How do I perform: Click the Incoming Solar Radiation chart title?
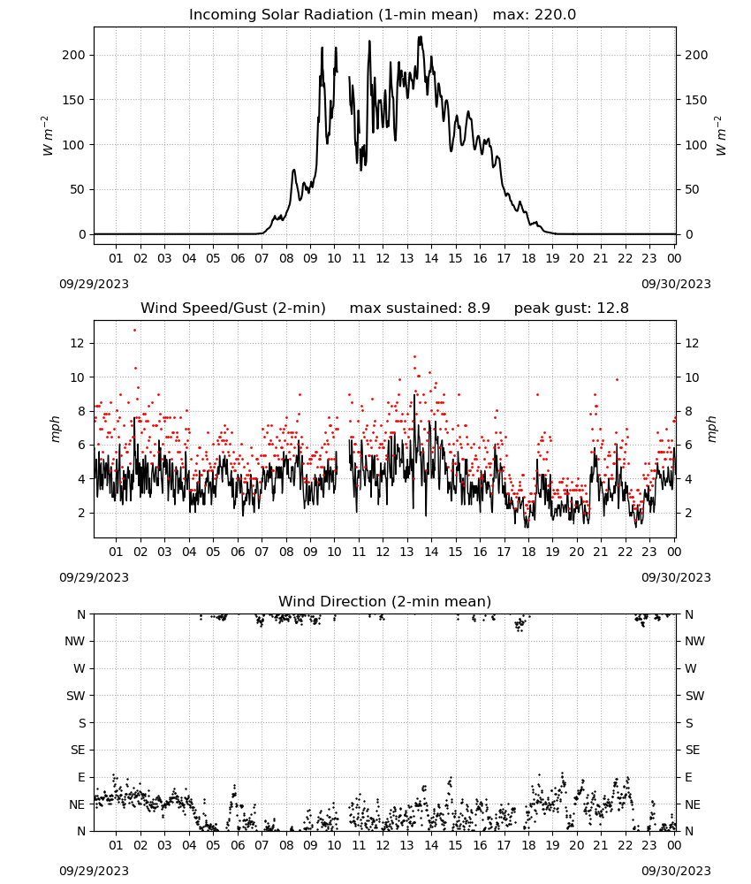(x=333, y=15)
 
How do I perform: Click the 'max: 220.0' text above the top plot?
(x=535, y=15)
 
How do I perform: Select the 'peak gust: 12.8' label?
(x=572, y=309)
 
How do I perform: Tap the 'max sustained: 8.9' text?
(x=420, y=309)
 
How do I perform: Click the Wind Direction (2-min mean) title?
(x=385, y=601)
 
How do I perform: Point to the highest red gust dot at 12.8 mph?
(x=134, y=331)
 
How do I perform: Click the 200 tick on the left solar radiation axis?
(x=74, y=55)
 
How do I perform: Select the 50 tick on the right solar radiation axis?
(x=692, y=189)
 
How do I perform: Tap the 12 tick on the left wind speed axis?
(x=77, y=343)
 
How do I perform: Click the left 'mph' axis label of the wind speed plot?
(x=55, y=429)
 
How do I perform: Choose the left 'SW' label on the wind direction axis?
(x=76, y=696)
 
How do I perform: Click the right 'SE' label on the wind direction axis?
(x=693, y=750)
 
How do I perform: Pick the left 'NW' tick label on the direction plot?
(x=75, y=641)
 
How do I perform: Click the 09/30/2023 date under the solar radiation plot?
(x=676, y=284)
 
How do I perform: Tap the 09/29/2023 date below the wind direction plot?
(x=94, y=871)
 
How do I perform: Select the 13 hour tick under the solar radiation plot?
(x=406, y=258)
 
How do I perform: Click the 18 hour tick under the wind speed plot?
(x=528, y=552)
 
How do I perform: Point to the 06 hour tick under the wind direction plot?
(x=238, y=845)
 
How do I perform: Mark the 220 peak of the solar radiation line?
(x=421, y=37)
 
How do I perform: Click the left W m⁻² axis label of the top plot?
(x=48, y=136)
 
